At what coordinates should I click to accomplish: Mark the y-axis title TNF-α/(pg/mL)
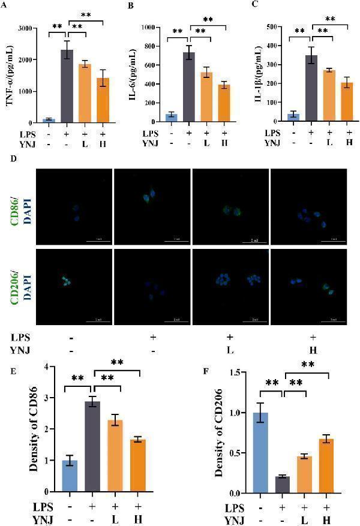pyautogui.click(x=10, y=73)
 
